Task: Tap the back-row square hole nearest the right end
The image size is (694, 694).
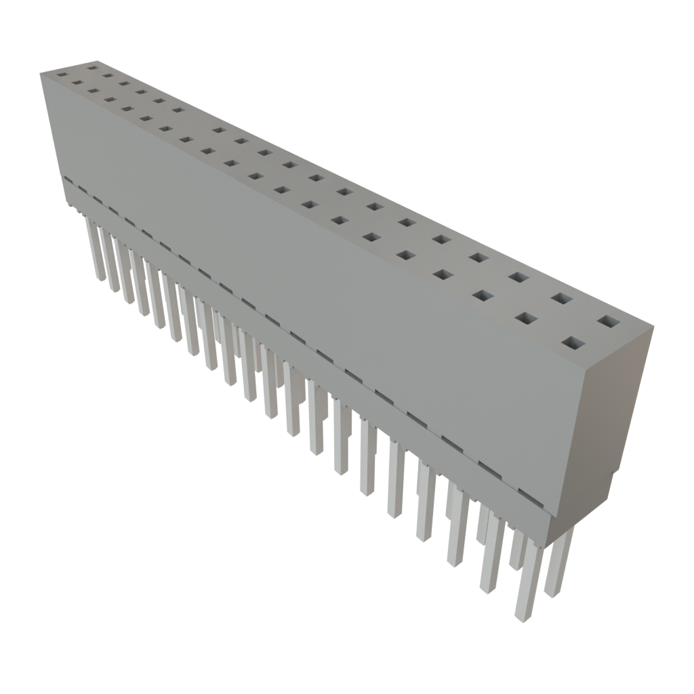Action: tap(608, 322)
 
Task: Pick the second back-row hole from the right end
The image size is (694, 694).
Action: tap(561, 298)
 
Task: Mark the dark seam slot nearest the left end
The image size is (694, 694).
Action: tap(68, 181)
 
